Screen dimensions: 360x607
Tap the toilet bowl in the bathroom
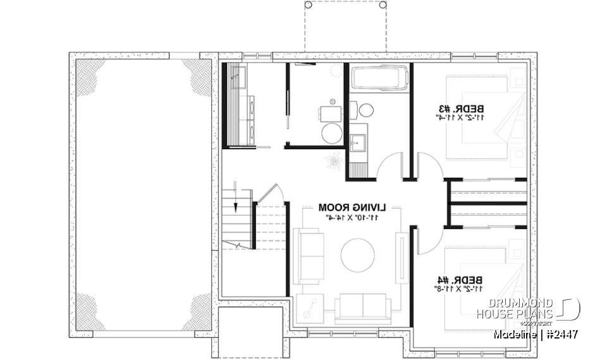tap(366, 111)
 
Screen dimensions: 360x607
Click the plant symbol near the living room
tap(333, 160)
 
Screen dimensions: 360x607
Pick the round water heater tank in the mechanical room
tap(331, 133)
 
